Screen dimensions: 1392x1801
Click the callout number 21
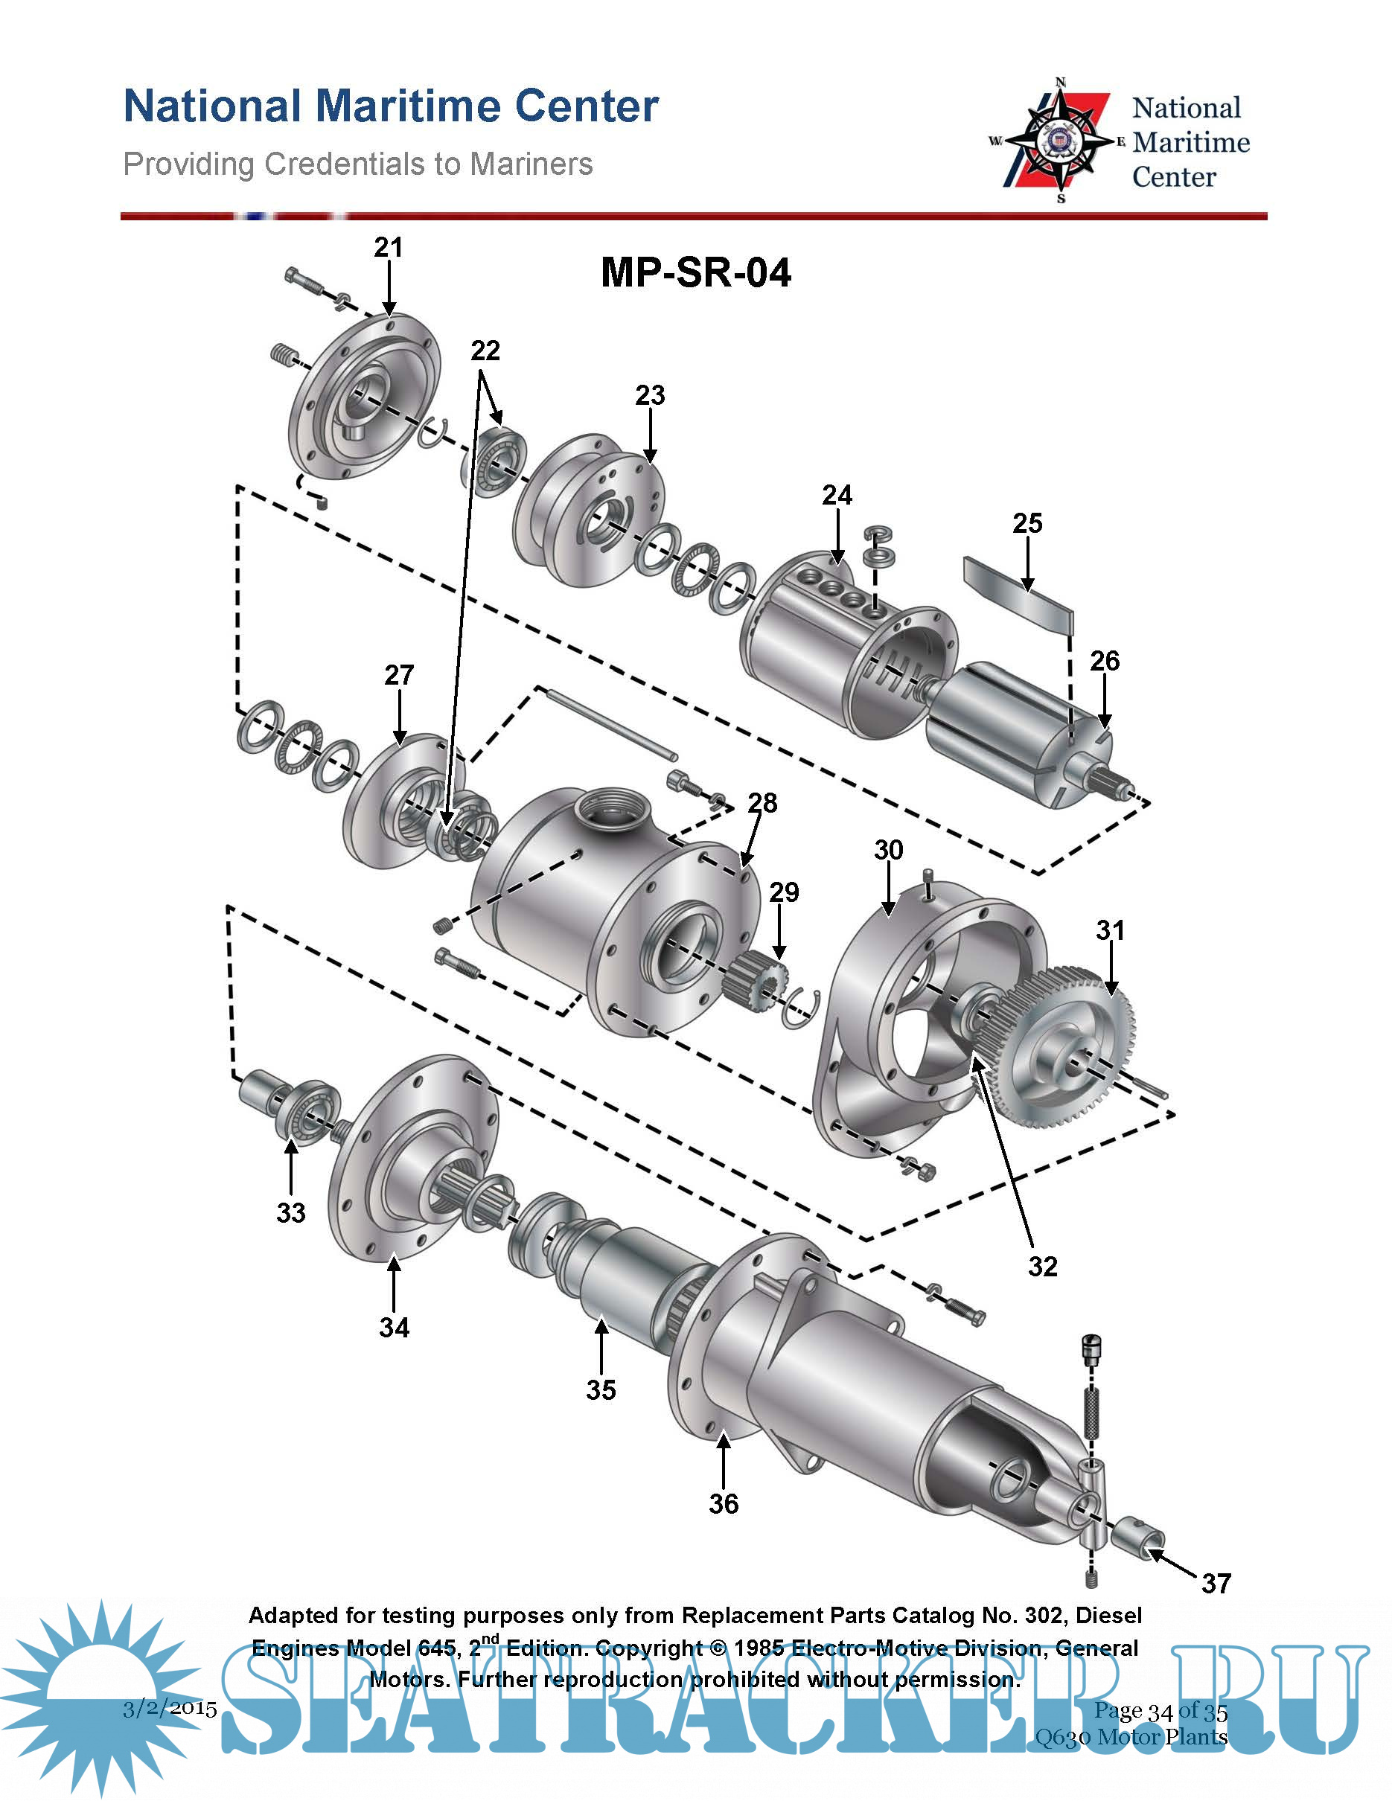pyautogui.click(x=389, y=247)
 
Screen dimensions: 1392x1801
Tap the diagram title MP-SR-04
pyautogui.click(x=696, y=272)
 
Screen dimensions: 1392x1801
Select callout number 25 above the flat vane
pyautogui.click(x=1027, y=523)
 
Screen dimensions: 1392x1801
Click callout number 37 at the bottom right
pyautogui.click(x=1216, y=1582)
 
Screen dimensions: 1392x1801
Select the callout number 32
pyautogui.click(x=1042, y=1266)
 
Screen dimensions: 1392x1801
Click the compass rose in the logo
pyautogui.click(x=1060, y=141)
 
